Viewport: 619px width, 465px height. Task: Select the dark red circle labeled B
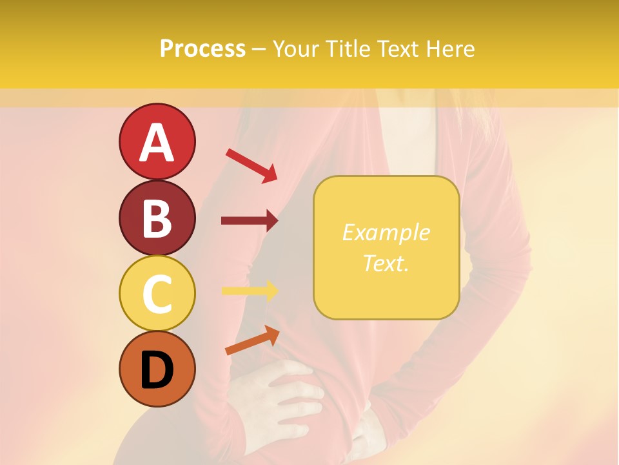157,218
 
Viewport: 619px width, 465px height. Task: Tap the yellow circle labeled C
157,294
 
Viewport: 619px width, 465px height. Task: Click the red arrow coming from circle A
251,165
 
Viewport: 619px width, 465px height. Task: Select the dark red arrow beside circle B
250,221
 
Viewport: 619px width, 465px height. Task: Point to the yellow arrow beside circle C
250,291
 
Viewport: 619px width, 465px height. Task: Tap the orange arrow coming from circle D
252,340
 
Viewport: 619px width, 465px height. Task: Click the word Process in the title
202,48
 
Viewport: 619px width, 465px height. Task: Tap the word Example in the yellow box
386,232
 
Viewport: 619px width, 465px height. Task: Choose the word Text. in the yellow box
386,263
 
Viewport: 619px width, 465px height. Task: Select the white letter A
157,143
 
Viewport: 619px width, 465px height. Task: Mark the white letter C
157,294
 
